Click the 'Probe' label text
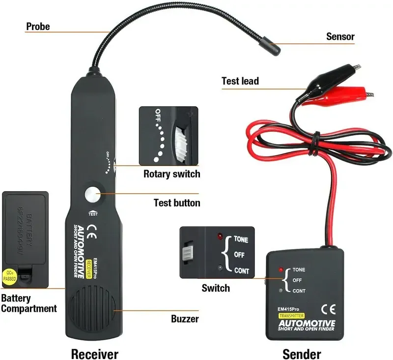pyautogui.click(x=38, y=27)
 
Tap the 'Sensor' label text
pyautogui.click(x=340, y=36)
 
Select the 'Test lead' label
pyautogui.click(x=240, y=81)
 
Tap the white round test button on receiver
pyautogui.click(x=92, y=195)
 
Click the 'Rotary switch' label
pyautogui.click(x=171, y=174)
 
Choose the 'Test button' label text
pyautogui.click(x=177, y=203)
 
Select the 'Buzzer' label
pyautogui.click(x=185, y=319)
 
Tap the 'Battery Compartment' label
pyautogui.click(x=28, y=303)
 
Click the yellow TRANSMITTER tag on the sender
pyautogui.click(x=291, y=315)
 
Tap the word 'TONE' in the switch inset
pyautogui.click(x=241, y=240)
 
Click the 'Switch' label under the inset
pyautogui.click(x=215, y=288)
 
